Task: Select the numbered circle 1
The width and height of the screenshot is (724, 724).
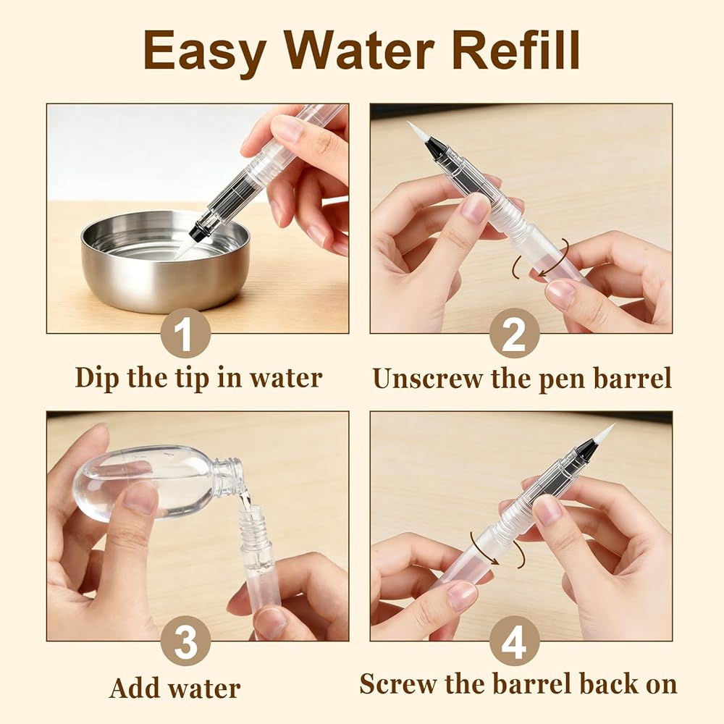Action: pyautogui.click(x=185, y=333)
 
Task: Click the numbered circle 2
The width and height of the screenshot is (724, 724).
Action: pyautogui.click(x=514, y=333)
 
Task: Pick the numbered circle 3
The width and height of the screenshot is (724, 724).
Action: pyautogui.click(x=185, y=641)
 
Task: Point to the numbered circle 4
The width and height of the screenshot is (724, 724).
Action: pyautogui.click(x=514, y=641)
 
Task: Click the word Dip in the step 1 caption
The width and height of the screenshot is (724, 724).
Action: pyautogui.click(x=98, y=379)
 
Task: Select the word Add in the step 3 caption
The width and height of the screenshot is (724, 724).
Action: pyautogui.click(x=135, y=688)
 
